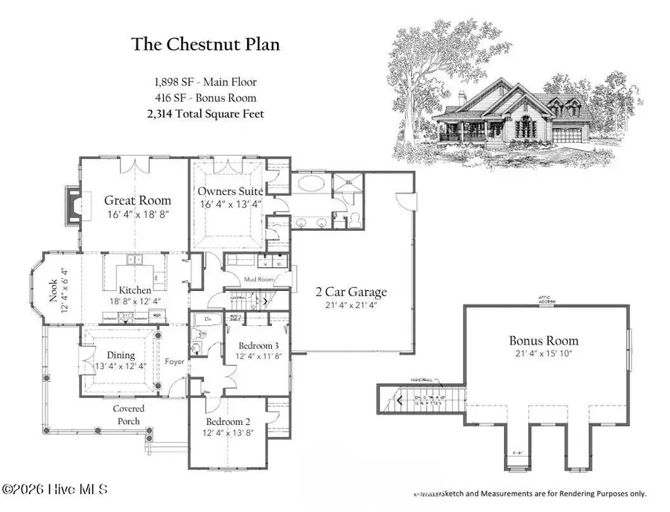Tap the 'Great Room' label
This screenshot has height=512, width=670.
point(137,200)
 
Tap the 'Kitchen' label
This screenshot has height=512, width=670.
point(136,289)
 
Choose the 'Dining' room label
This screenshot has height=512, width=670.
point(120,356)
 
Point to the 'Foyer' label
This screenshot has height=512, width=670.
point(175,363)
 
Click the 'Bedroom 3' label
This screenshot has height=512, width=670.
point(259,346)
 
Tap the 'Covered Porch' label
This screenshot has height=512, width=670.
point(128,415)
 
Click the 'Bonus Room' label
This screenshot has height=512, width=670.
point(543,341)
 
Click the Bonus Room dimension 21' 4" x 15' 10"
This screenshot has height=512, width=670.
point(543,355)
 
